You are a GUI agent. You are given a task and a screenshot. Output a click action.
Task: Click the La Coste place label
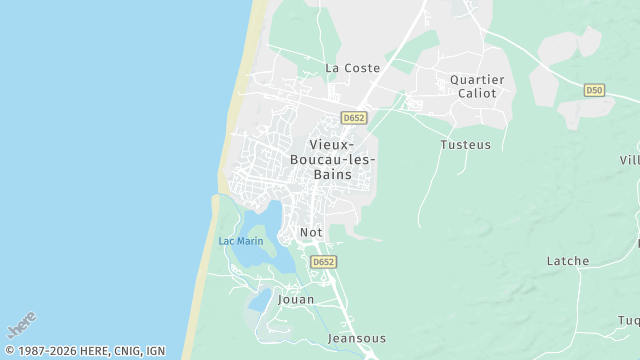point(353,68)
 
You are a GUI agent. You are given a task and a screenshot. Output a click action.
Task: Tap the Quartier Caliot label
point(477,85)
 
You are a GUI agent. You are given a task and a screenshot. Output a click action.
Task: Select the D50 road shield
point(594,90)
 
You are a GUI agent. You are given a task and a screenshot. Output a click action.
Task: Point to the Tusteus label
point(466,144)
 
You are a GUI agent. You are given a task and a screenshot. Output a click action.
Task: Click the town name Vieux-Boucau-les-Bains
point(331,159)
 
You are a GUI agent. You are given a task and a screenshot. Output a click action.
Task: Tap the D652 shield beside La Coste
point(353,117)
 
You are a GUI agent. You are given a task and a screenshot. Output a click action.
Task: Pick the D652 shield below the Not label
point(322,261)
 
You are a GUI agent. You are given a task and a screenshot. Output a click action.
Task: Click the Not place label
point(311,233)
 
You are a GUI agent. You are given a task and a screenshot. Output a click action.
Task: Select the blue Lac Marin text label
point(241,241)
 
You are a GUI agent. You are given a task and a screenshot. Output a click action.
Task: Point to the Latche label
point(567,261)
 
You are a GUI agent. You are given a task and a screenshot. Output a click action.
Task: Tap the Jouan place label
point(295,299)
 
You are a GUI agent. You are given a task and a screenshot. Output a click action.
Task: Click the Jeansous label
point(357,338)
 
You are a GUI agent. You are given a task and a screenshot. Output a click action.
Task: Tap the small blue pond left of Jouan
point(259,299)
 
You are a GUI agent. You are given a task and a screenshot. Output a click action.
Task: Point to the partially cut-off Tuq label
point(628,320)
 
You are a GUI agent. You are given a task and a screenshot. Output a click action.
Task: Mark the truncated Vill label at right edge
point(629,160)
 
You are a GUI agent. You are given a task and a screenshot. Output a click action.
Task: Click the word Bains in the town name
point(331,174)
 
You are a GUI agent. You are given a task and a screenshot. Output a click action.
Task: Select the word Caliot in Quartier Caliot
point(477,93)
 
